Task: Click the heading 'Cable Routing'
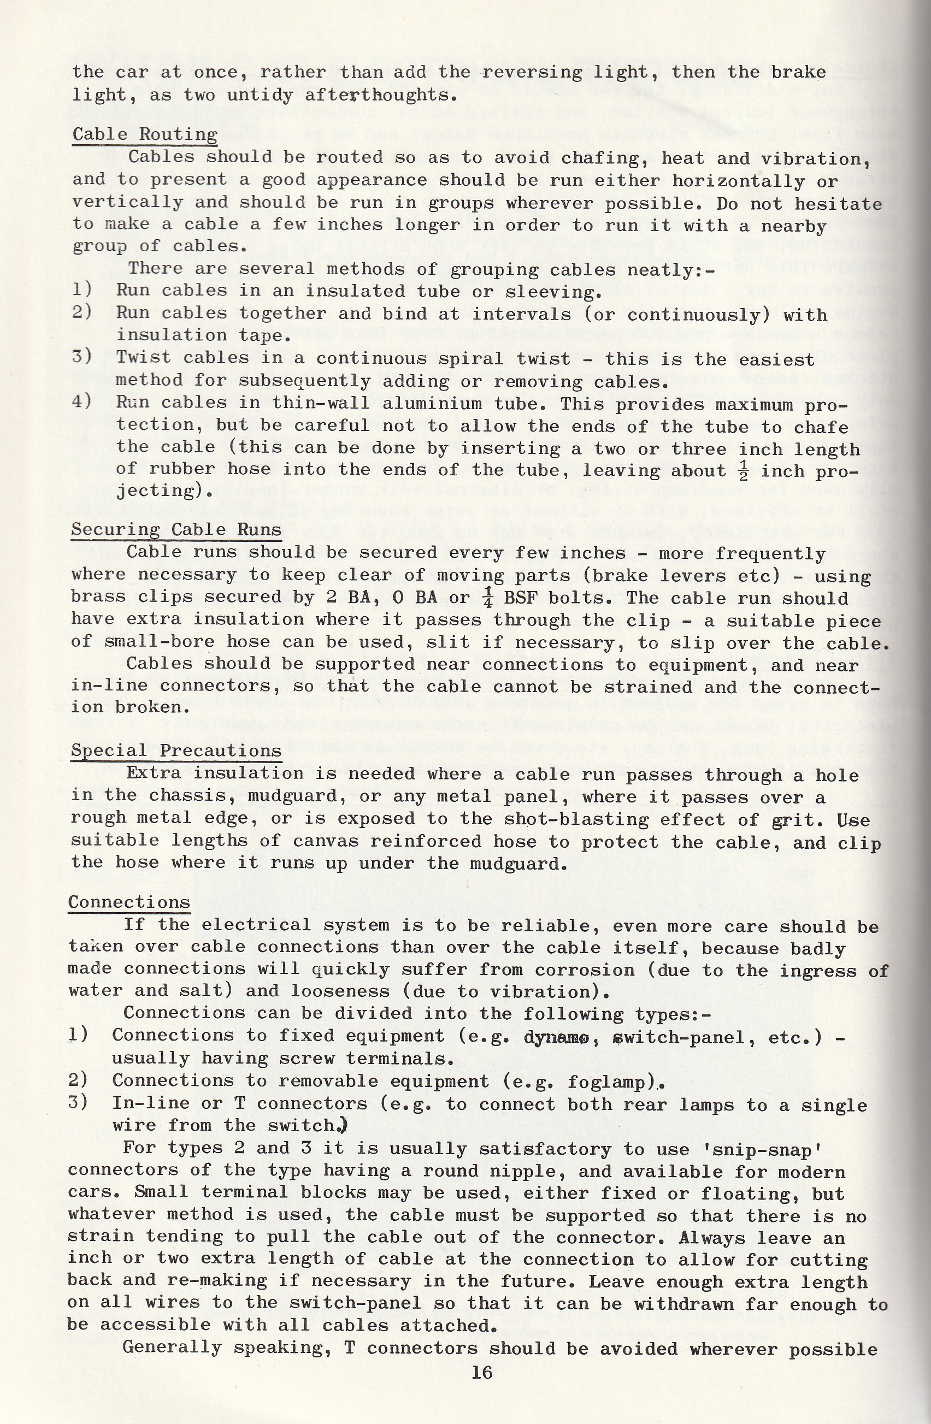click(145, 134)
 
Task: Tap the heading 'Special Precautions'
click(176, 751)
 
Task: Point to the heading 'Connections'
click(129, 902)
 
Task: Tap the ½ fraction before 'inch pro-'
click(743, 471)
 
